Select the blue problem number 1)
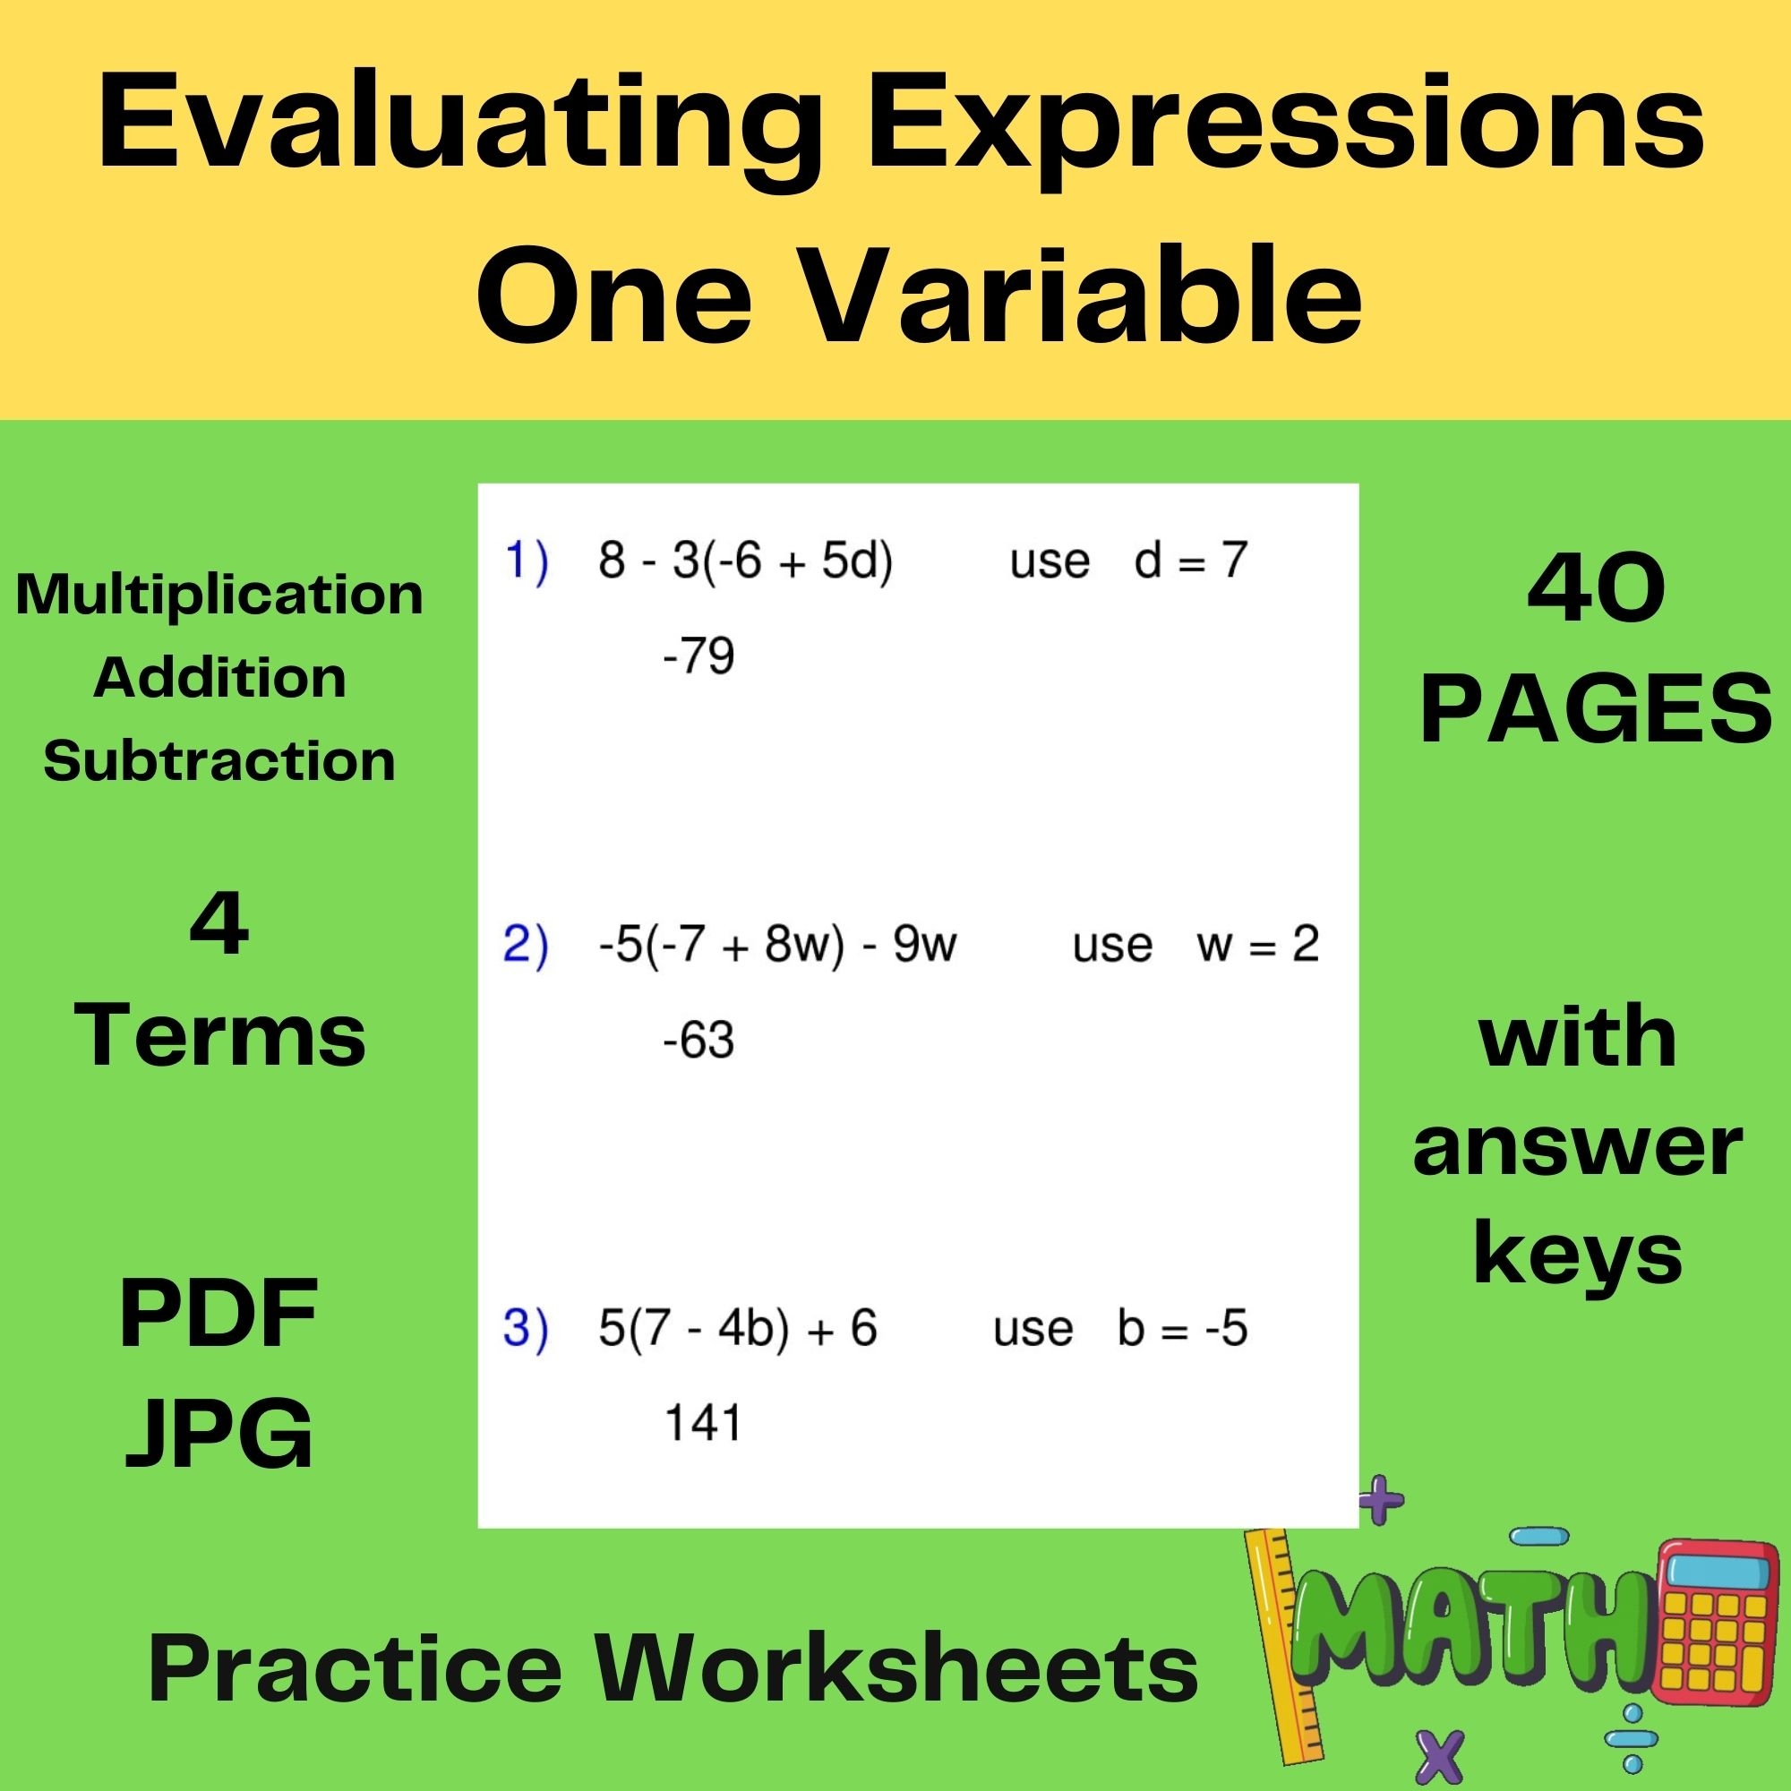(526, 561)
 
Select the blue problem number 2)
(526, 945)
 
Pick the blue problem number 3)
(526, 1327)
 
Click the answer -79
(699, 656)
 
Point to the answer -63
(699, 1040)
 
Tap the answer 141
(703, 1423)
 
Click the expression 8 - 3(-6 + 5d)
(745, 561)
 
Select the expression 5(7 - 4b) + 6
(738, 1327)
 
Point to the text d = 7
(1190, 561)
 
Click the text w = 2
(1257, 945)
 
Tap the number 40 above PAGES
(1596, 590)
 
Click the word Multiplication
(219, 595)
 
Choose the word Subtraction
(219, 761)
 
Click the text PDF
(219, 1313)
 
